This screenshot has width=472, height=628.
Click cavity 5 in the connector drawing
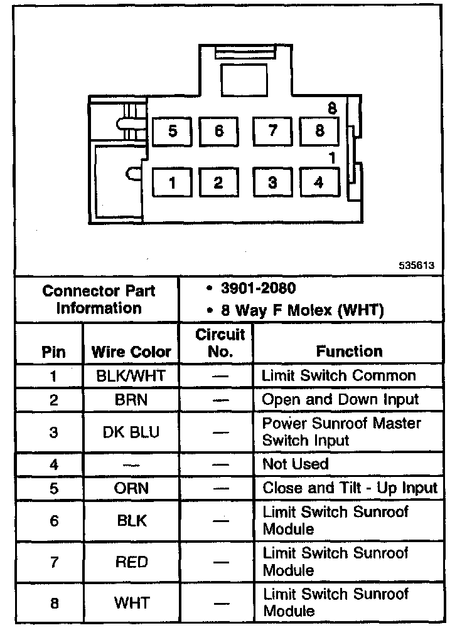point(172,132)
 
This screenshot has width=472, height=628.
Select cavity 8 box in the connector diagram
point(319,131)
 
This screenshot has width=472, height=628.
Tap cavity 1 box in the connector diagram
point(172,183)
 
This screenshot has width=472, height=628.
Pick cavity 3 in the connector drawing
point(272,182)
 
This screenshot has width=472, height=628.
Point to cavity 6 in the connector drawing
point(218,132)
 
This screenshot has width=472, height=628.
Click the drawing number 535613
point(416,265)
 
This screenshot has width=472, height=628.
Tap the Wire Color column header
point(131,352)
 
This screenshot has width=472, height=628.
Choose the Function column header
point(349,352)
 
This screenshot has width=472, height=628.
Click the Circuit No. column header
point(220,343)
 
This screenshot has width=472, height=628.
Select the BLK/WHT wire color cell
point(131,376)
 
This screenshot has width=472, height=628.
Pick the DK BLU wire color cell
point(131,432)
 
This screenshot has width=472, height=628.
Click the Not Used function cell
point(295,464)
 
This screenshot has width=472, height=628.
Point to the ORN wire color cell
point(131,488)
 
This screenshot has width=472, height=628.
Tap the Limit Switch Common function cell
point(339,376)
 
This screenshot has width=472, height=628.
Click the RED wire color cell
point(131,562)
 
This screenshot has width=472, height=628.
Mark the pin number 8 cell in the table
point(53,604)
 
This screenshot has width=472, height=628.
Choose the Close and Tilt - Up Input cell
point(350,488)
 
